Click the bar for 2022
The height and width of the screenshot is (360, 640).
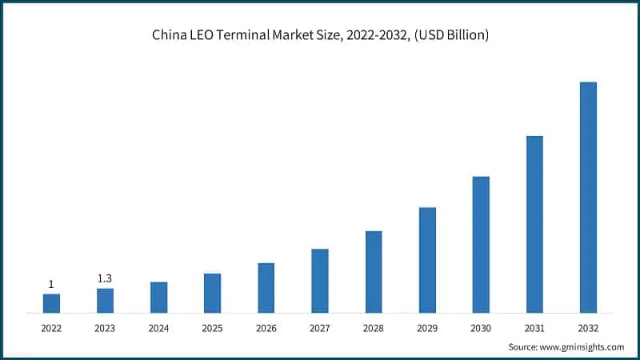51,303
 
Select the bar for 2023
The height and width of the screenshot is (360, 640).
105,300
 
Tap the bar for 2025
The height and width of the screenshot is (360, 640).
212,293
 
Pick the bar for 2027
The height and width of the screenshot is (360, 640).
320,280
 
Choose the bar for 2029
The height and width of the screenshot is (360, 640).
427,260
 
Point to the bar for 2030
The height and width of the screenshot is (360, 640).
481,244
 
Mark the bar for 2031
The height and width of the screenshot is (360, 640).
534,224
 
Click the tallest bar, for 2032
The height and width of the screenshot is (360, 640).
588,197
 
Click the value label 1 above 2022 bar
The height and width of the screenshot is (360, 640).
51,284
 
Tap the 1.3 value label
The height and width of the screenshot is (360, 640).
105,278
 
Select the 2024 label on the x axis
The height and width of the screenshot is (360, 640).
158,328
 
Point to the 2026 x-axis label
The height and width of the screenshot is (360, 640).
266,328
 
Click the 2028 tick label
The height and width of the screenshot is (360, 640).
374,328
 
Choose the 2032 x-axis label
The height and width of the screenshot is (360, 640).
588,328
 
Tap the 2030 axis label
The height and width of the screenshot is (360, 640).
481,328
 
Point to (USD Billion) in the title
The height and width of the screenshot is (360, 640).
450,35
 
